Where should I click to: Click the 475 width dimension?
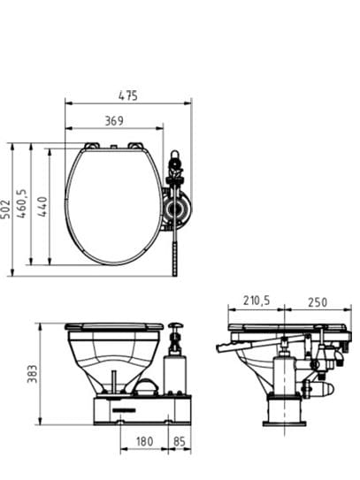(x=128, y=95)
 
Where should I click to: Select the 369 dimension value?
(x=114, y=121)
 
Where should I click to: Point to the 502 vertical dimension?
(x=5, y=210)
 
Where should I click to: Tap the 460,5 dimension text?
(x=22, y=203)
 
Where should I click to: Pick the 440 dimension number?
(x=42, y=207)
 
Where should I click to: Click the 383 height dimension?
(x=32, y=374)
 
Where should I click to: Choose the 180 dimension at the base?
(x=144, y=441)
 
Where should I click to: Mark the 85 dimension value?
(x=180, y=441)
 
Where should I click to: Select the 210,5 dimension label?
(x=257, y=301)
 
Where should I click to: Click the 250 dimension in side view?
(x=318, y=302)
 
